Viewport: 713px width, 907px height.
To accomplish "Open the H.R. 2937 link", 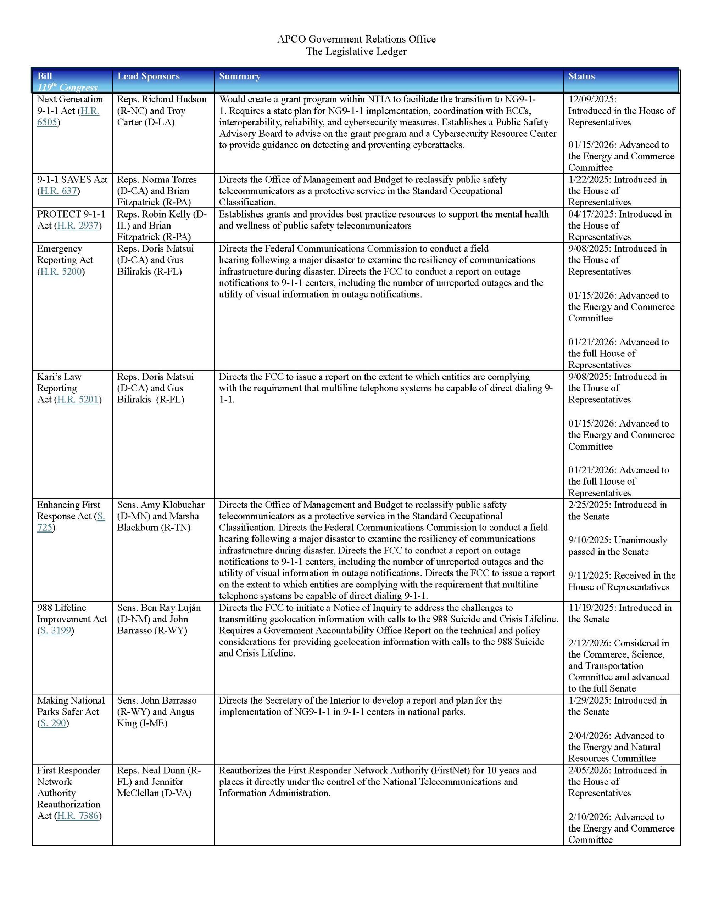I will pos(78,226).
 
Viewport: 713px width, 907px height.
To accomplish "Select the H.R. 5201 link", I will pos(78,400).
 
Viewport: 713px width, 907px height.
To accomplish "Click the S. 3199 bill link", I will pos(56,630).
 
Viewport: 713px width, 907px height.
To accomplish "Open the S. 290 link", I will pos(53,723).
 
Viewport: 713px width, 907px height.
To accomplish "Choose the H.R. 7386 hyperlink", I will pos(78,816).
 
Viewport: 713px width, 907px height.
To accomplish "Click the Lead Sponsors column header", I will pos(148,76).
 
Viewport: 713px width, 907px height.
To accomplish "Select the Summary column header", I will pos(240,76).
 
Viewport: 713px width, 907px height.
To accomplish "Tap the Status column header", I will pos(581,76).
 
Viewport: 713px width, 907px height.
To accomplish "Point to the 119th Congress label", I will pos(67,88).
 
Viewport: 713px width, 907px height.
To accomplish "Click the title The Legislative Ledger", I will pos(356,52).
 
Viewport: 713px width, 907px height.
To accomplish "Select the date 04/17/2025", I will pos(591,214).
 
